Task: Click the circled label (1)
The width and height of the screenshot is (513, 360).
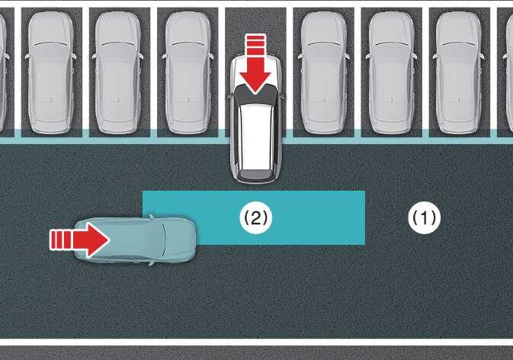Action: (x=425, y=217)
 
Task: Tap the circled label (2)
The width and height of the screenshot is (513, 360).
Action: (x=255, y=217)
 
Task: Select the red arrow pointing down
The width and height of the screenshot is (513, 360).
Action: (x=255, y=64)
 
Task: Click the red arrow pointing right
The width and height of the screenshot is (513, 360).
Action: (x=79, y=240)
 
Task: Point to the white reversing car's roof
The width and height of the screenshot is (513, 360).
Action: (x=256, y=137)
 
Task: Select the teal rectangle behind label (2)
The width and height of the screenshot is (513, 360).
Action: (x=254, y=217)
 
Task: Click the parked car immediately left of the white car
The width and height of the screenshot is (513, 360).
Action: (x=188, y=72)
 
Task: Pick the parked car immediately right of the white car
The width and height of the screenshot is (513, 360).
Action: (x=323, y=72)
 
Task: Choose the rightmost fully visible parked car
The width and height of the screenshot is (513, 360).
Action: (x=459, y=72)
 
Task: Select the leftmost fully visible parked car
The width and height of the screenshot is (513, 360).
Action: (x=51, y=72)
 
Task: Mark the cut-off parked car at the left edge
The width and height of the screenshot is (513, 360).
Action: (x=3, y=72)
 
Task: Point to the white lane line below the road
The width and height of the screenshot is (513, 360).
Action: (x=256, y=342)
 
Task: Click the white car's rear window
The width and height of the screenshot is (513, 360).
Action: (x=256, y=95)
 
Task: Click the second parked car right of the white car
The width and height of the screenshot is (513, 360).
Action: (x=391, y=72)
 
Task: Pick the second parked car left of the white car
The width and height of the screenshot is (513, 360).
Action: (x=119, y=72)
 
